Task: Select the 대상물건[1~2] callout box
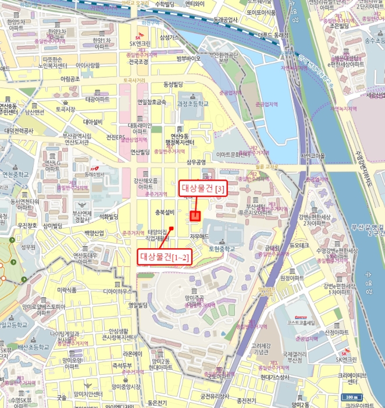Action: [x=163, y=256]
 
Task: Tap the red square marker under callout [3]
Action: [x=195, y=216]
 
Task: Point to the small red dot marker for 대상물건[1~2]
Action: [x=172, y=228]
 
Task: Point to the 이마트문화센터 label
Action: [x=233, y=154]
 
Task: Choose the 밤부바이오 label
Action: [x=188, y=58]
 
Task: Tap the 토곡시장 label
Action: [x=65, y=109]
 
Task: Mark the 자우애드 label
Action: [x=199, y=236]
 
